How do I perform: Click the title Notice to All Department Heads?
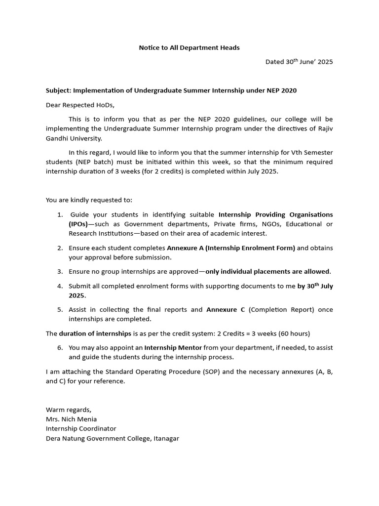[x=189, y=47]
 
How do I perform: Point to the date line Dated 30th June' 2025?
[x=299, y=62]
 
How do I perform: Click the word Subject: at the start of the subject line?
[x=59, y=90]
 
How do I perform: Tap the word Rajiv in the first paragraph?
[x=324, y=129]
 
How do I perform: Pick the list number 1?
[x=59, y=214]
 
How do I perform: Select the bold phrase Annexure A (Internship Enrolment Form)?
[x=231, y=248]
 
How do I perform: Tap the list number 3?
[x=59, y=271]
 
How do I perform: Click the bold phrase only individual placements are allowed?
[x=267, y=271]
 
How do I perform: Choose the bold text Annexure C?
[x=225, y=309]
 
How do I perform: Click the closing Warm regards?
[x=69, y=410]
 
